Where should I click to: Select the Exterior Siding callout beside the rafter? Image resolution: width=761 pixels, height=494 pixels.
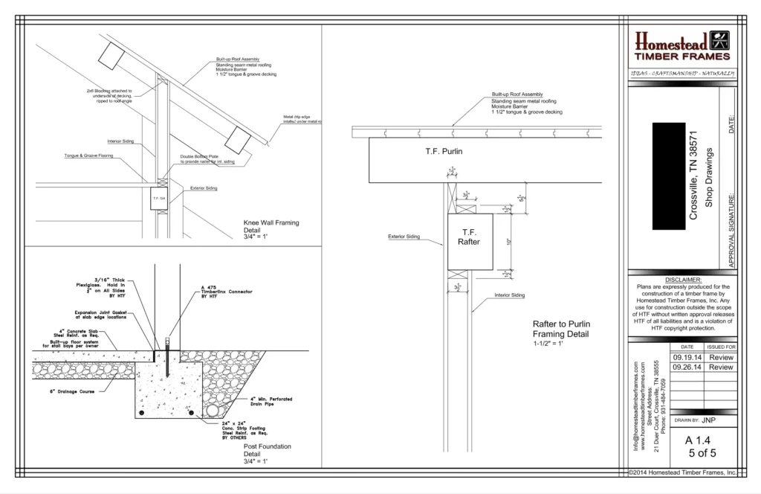click(x=404, y=237)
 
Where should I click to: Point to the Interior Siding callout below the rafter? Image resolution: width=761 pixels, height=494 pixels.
click(x=510, y=295)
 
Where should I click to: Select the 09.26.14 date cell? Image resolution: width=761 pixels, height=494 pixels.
click(x=687, y=367)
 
